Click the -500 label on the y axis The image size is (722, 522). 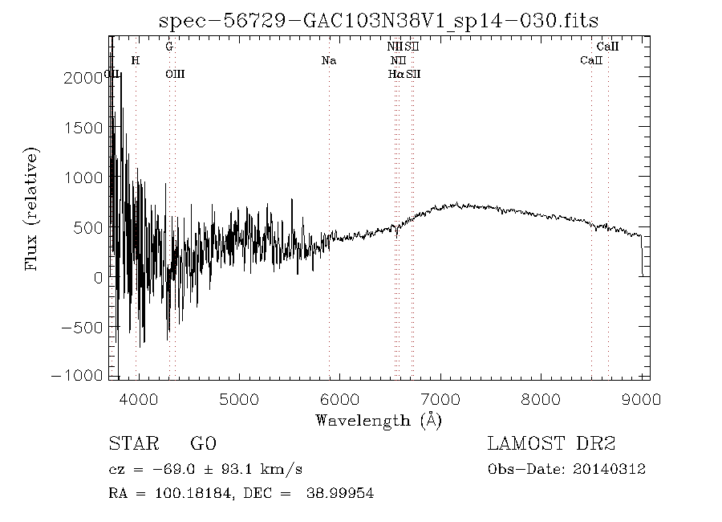tap(83, 327)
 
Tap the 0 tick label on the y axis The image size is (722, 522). tap(99, 277)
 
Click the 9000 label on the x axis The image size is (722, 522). tap(640, 398)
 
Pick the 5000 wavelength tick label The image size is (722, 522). tap(238, 398)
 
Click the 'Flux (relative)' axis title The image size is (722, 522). tap(33, 208)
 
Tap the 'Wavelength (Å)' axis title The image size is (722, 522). tap(379, 419)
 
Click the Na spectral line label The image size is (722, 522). tap(328, 61)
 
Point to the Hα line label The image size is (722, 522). tap(395, 74)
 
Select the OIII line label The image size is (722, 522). tap(174, 74)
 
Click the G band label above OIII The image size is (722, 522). tap(168, 47)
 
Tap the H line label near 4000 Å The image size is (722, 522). tap(135, 61)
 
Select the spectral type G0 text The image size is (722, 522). tap(203, 444)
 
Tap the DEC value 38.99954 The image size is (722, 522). tap(339, 493)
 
